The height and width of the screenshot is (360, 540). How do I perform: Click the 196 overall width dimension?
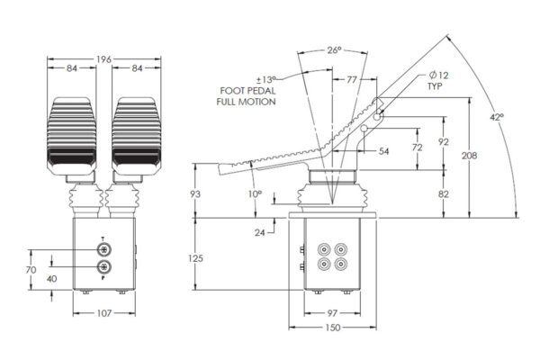pos(104,59)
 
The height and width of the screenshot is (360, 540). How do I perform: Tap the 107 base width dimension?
pos(104,313)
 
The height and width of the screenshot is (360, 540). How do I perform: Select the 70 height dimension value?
pos(30,268)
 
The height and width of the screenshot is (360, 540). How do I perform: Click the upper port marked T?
pos(104,250)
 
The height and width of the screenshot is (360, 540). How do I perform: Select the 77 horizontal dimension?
pos(353,79)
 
